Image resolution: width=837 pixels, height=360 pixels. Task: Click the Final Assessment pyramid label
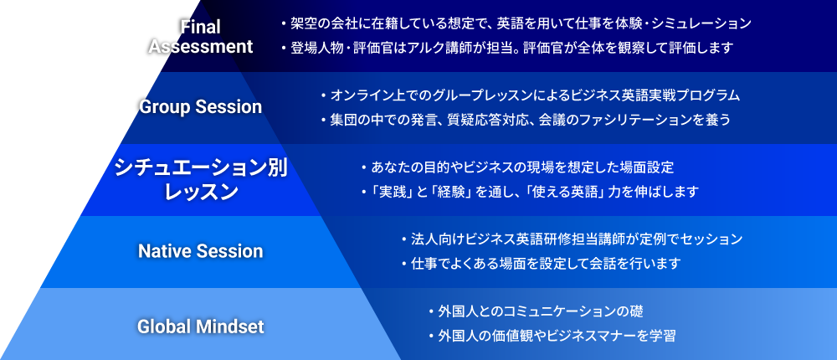click(x=200, y=36)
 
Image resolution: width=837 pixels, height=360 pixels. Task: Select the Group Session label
click(x=200, y=107)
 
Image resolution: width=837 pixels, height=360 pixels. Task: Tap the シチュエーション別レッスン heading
click(x=200, y=180)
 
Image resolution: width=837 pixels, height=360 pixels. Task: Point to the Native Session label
click(x=200, y=251)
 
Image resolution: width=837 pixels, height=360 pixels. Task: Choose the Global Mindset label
click(x=200, y=327)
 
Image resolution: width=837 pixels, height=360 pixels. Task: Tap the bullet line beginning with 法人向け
click(x=571, y=239)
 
